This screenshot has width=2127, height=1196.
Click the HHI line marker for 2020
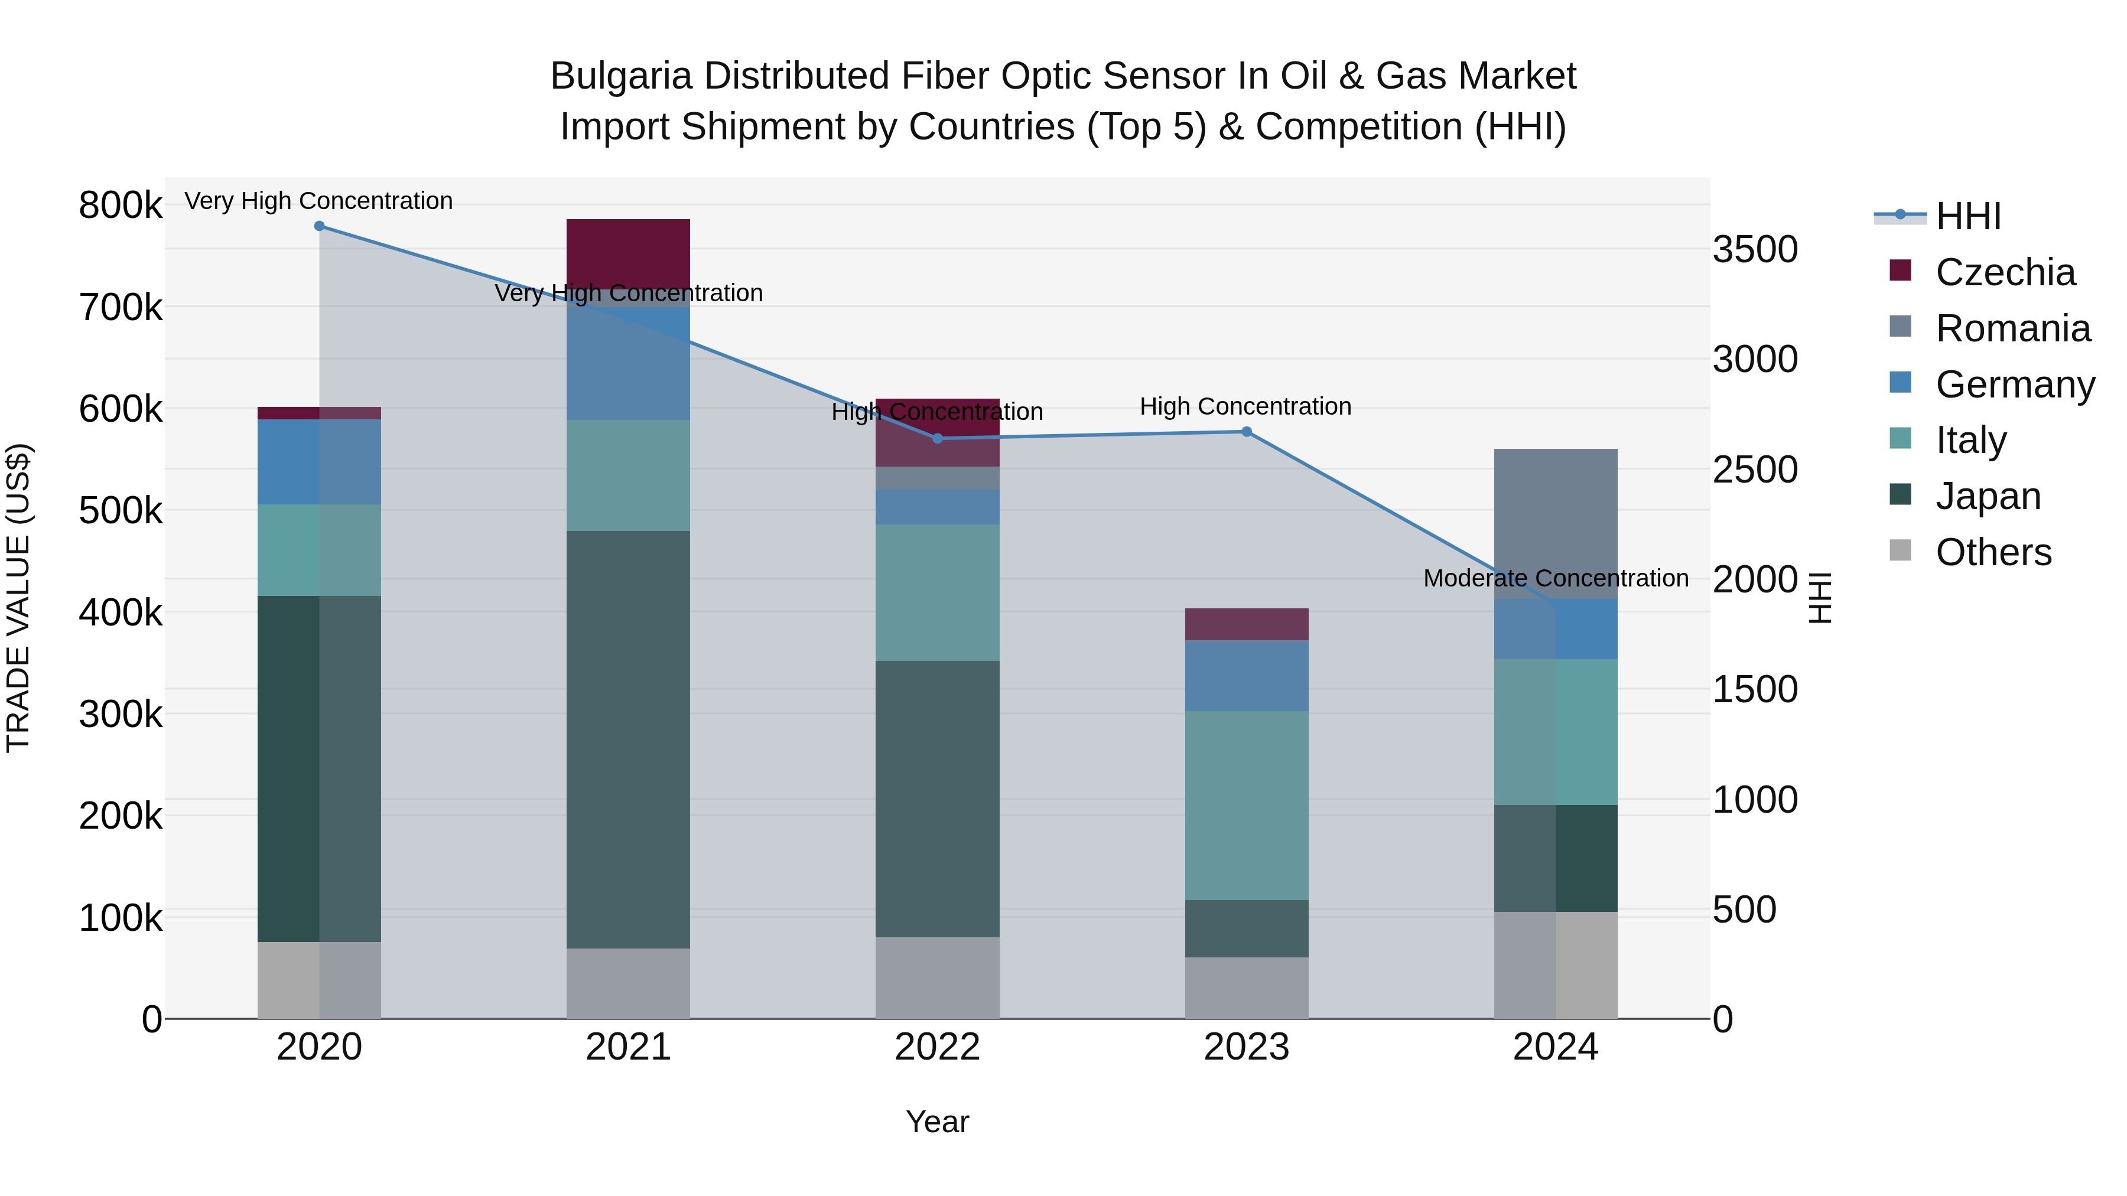click(x=320, y=226)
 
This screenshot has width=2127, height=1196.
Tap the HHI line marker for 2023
click(x=1246, y=432)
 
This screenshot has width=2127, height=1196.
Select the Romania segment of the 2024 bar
click(x=1555, y=523)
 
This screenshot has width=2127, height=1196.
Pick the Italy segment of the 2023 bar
click(x=1246, y=805)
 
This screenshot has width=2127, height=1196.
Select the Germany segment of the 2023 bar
click(x=1246, y=675)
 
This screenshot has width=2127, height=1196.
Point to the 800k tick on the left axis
click(x=121, y=205)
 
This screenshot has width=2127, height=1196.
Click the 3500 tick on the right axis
click(x=1755, y=249)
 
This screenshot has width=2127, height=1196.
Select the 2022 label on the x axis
click(x=937, y=1047)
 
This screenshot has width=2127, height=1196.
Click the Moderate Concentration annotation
click(x=1555, y=578)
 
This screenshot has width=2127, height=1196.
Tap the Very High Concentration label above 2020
click(x=318, y=201)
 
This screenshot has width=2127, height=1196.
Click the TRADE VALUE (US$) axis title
click(x=18, y=598)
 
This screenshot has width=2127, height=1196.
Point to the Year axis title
click(x=937, y=1122)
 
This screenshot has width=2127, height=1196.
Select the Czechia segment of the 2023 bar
click(x=1246, y=624)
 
